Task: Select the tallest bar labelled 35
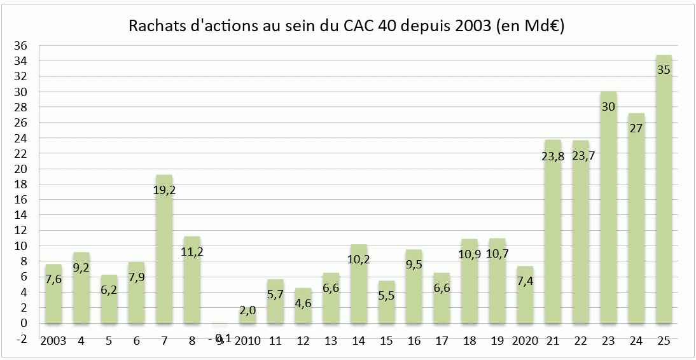pyautogui.click(x=664, y=191)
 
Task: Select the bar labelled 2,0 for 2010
pyautogui.click(x=247, y=316)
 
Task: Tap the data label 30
pyautogui.click(x=608, y=107)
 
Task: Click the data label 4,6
pyautogui.click(x=303, y=303)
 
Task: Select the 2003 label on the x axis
pyautogui.click(x=53, y=341)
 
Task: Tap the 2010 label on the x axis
pyautogui.click(x=247, y=341)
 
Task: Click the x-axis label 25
pyautogui.click(x=664, y=341)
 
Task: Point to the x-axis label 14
pyautogui.click(x=359, y=341)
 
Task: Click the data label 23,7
pyautogui.click(x=580, y=156)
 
